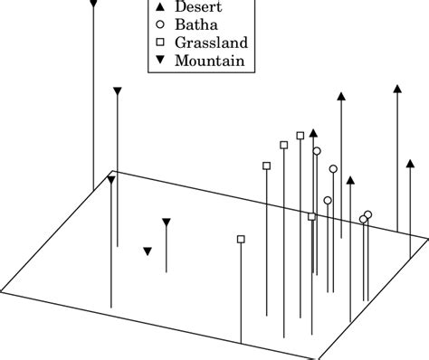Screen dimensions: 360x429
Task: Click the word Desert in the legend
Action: coord(197,7)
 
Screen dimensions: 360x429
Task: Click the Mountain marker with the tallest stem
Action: coord(93,5)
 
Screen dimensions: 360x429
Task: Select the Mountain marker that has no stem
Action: coord(148,251)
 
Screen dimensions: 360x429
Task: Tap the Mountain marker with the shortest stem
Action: coord(166,222)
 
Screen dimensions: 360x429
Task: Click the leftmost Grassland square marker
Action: coord(241,239)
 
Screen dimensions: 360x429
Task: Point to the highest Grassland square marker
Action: coord(300,136)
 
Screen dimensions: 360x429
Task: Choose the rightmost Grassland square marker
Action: coord(312,216)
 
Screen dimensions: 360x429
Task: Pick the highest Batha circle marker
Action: coord(316,151)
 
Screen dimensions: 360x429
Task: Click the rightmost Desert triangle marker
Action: coord(397,88)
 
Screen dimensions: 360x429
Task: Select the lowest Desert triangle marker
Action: coord(350,180)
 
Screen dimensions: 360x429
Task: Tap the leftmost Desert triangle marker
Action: coord(312,132)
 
